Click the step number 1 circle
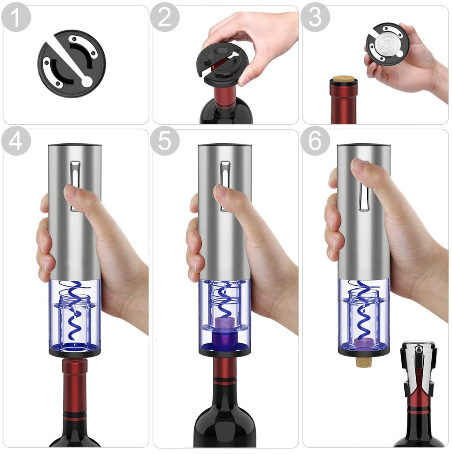[x=16, y=17]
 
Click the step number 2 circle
[x=165, y=17]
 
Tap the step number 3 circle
[x=315, y=17]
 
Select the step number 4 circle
[x=16, y=141]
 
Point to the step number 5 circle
[x=165, y=141]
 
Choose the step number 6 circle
[x=315, y=141]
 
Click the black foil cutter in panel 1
[x=72, y=63]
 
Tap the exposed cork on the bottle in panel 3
[x=344, y=78]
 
